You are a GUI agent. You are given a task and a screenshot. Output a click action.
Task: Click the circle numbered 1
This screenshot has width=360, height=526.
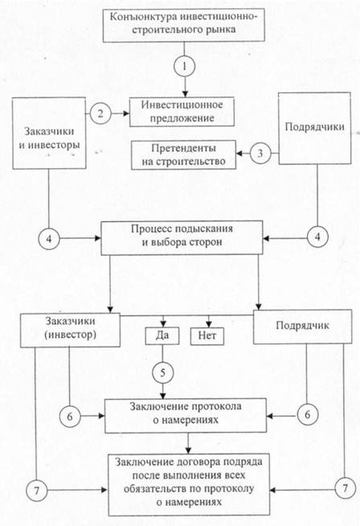pyautogui.click(x=184, y=66)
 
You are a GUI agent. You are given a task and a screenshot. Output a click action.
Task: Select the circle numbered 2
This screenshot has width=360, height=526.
pyautogui.click(x=100, y=113)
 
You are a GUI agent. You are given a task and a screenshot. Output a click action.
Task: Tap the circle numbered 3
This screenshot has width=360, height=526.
pyautogui.click(x=260, y=154)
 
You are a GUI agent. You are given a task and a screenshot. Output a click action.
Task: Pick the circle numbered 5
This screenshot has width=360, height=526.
pyautogui.click(x=163, y=372)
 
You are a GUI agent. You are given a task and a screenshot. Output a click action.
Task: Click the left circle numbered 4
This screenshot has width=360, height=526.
pyautogui.click(x=49, y=239)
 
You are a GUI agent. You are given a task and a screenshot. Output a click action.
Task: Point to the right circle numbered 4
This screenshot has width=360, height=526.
pyautogui.click(x=317, y=236)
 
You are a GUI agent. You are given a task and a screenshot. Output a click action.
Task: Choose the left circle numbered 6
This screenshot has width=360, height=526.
pyautogui.click(x=70, y=417)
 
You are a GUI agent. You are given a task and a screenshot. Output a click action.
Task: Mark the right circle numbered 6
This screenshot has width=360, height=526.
pyautogui.click(x=307, y=415)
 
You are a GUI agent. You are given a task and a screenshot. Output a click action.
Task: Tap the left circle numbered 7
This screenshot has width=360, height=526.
pyautogui.click(x=37, y=491)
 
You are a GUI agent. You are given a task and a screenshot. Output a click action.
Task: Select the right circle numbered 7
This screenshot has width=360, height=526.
pyautogui.click(x=346, y=488)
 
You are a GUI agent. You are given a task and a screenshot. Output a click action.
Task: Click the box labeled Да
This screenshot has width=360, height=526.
pyautogui.click(x=162, y=336)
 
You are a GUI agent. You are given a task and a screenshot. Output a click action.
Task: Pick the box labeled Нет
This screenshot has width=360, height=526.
pyautogui.click(x=207, y=336)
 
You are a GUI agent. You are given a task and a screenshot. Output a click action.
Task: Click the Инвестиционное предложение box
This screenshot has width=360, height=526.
pyautogui.click(x=182, y=112)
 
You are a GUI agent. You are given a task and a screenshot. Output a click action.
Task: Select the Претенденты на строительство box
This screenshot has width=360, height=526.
pyautogui.click(x=183, y=155)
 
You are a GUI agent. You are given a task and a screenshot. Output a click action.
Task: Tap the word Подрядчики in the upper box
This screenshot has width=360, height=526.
pyautogui.click(x=314, y=127)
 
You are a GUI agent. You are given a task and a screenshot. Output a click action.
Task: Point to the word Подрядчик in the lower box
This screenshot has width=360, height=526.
pyautogui.click(x=302, y=326)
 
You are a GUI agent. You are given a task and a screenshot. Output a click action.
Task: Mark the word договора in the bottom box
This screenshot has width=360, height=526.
pyautogui.click(x=194, y=462)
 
